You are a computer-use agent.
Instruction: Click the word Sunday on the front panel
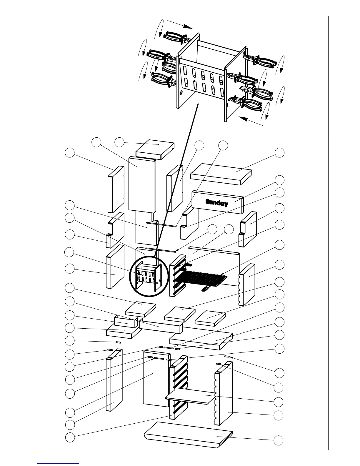tap(217, 203)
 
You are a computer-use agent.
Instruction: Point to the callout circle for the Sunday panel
tap(279, 180)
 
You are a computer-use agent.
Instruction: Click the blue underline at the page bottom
tap(58, 463)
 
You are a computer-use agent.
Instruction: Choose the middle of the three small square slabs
tap(180, 314)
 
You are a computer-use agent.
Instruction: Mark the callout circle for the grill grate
tap(279, 244)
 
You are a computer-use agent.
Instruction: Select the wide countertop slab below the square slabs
tap(201, 341)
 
